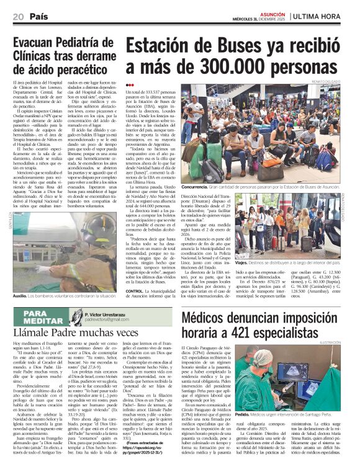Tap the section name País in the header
point(38,15)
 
